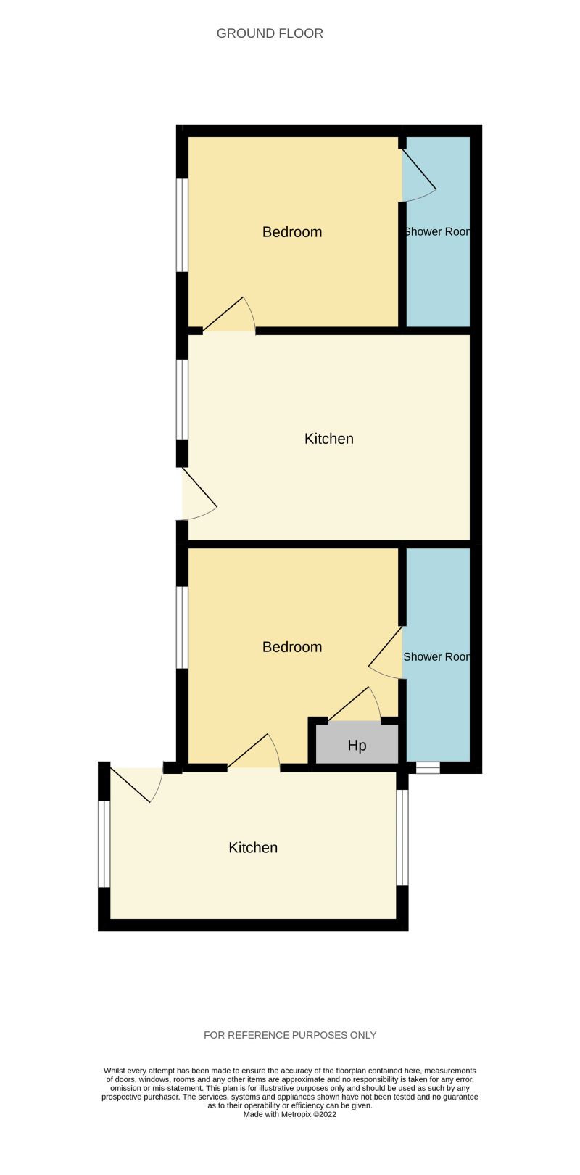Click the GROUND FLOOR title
[x=270, y=33]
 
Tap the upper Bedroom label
[x=292, y=232]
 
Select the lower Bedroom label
[x=292, y=647]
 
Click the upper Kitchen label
[x=328, y=439]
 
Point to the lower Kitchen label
[x=253, y=848]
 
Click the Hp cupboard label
[x=357, y=746]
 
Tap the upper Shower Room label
[x=436, y=232]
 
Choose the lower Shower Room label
[x=436, y=657]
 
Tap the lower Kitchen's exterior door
[x=136, y=783]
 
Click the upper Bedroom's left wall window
[x=183, y=225]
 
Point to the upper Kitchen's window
[x=183, y=399]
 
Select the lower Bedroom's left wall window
[x=183, y=627]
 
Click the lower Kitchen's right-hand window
[x=402, y=837]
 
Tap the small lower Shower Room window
[x=428, y=767]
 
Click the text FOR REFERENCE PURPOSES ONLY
[x=290, y=1035]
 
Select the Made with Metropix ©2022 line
[x=290, y=1115]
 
